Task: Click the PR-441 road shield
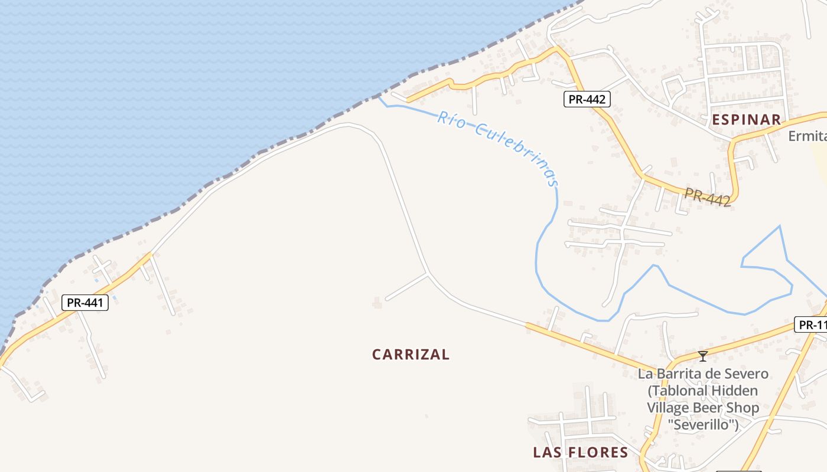85,303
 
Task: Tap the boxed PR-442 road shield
586,99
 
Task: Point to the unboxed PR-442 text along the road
708,197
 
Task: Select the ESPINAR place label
746,120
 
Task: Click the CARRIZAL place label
411,355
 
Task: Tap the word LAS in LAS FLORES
546,453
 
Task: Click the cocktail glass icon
703,356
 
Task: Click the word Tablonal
678,391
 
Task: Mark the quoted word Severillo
703,424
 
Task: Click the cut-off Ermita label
808,136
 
